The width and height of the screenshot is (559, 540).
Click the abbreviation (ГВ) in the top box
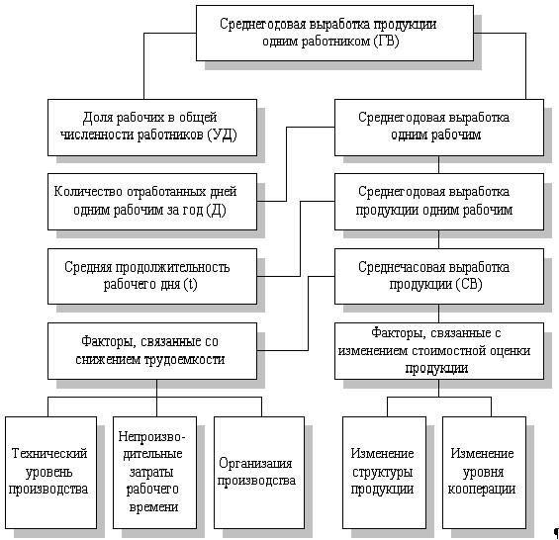(x=386, y=42)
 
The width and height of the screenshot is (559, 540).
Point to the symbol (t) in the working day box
(x=190, y=285)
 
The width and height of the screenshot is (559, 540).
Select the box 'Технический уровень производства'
(x=51, y=473)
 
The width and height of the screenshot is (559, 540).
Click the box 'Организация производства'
(x=259, y=473)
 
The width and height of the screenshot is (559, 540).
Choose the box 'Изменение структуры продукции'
(x=384, y=473)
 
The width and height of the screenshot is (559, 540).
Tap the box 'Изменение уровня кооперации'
(x=484, y=473)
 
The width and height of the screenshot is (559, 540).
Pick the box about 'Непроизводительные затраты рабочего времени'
(x=154, y=473)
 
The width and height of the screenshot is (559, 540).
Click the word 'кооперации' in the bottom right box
(x=482, y=489)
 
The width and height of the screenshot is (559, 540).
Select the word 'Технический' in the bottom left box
(x=49, y=454)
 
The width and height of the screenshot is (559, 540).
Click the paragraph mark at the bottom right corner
(x=556, y=533)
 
